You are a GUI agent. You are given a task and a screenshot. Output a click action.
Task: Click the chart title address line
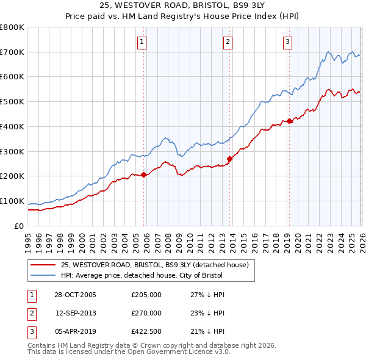(x=182, y=5)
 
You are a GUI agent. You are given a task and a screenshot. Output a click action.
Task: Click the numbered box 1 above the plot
(x=142, y=42)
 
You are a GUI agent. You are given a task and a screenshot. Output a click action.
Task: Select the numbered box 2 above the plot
(x=227, y=42)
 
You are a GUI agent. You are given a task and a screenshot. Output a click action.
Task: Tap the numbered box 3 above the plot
(x=287, y=42)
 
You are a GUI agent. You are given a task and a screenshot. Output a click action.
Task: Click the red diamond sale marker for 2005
(x=144, y=175)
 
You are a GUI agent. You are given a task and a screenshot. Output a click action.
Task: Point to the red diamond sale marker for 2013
(x=229, y=159)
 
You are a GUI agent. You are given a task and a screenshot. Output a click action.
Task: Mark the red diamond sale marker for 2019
(x=290, y=121)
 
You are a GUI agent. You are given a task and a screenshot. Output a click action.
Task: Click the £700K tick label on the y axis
(x=12, y=52)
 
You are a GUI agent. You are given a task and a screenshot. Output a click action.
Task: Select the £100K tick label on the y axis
(x=12, y=201)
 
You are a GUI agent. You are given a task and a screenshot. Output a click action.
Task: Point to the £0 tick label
(x=19, y=226)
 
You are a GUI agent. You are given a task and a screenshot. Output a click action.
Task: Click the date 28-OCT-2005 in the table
(x=74, y=295)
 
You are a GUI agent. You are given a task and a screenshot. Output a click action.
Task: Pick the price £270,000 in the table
(x=146, y=313)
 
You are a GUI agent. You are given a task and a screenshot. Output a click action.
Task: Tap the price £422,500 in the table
(x=146, y=331)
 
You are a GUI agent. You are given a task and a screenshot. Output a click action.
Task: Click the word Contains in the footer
(x=42, y=345)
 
